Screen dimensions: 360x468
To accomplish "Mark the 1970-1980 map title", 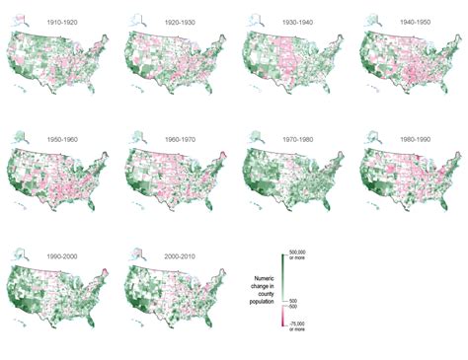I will [x=288, y=139].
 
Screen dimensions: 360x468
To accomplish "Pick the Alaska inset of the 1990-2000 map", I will [x=23, y=258].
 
